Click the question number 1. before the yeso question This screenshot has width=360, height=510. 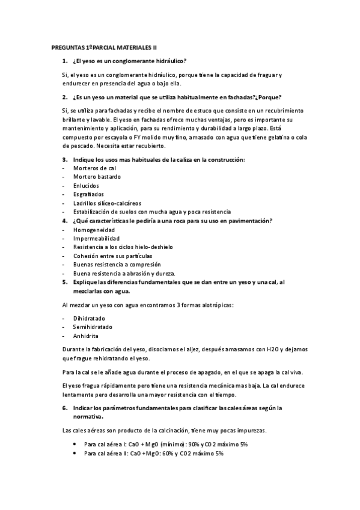click(x=65, y=61)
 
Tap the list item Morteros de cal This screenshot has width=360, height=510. click(x=94, y=168)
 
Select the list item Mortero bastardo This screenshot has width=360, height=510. click(x=97, y=177)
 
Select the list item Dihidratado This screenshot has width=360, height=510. click(x=89, y=318)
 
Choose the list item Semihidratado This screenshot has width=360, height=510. click(x=94, y=327)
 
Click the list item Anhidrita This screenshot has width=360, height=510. click(x=86, y=336)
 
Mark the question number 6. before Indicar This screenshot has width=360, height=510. click(x=65, y=408)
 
